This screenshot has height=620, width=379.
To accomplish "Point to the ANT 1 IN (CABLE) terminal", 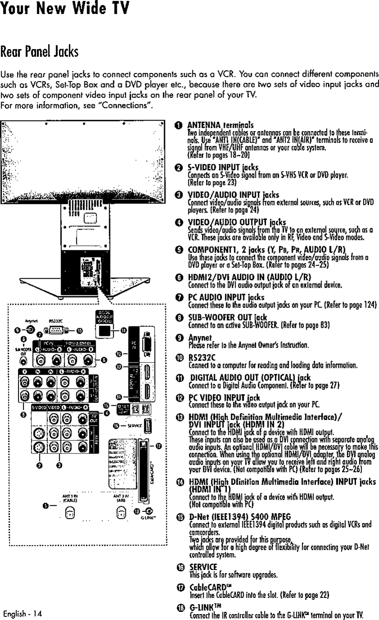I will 69,511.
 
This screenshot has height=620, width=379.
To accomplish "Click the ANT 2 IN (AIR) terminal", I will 121,511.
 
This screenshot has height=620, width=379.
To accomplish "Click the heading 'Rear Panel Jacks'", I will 40,52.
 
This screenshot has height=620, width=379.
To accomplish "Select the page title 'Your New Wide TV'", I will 65,9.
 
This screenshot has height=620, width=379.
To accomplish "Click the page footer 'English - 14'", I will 22,614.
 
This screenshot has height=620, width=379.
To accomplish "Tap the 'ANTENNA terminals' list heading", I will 220,125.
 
